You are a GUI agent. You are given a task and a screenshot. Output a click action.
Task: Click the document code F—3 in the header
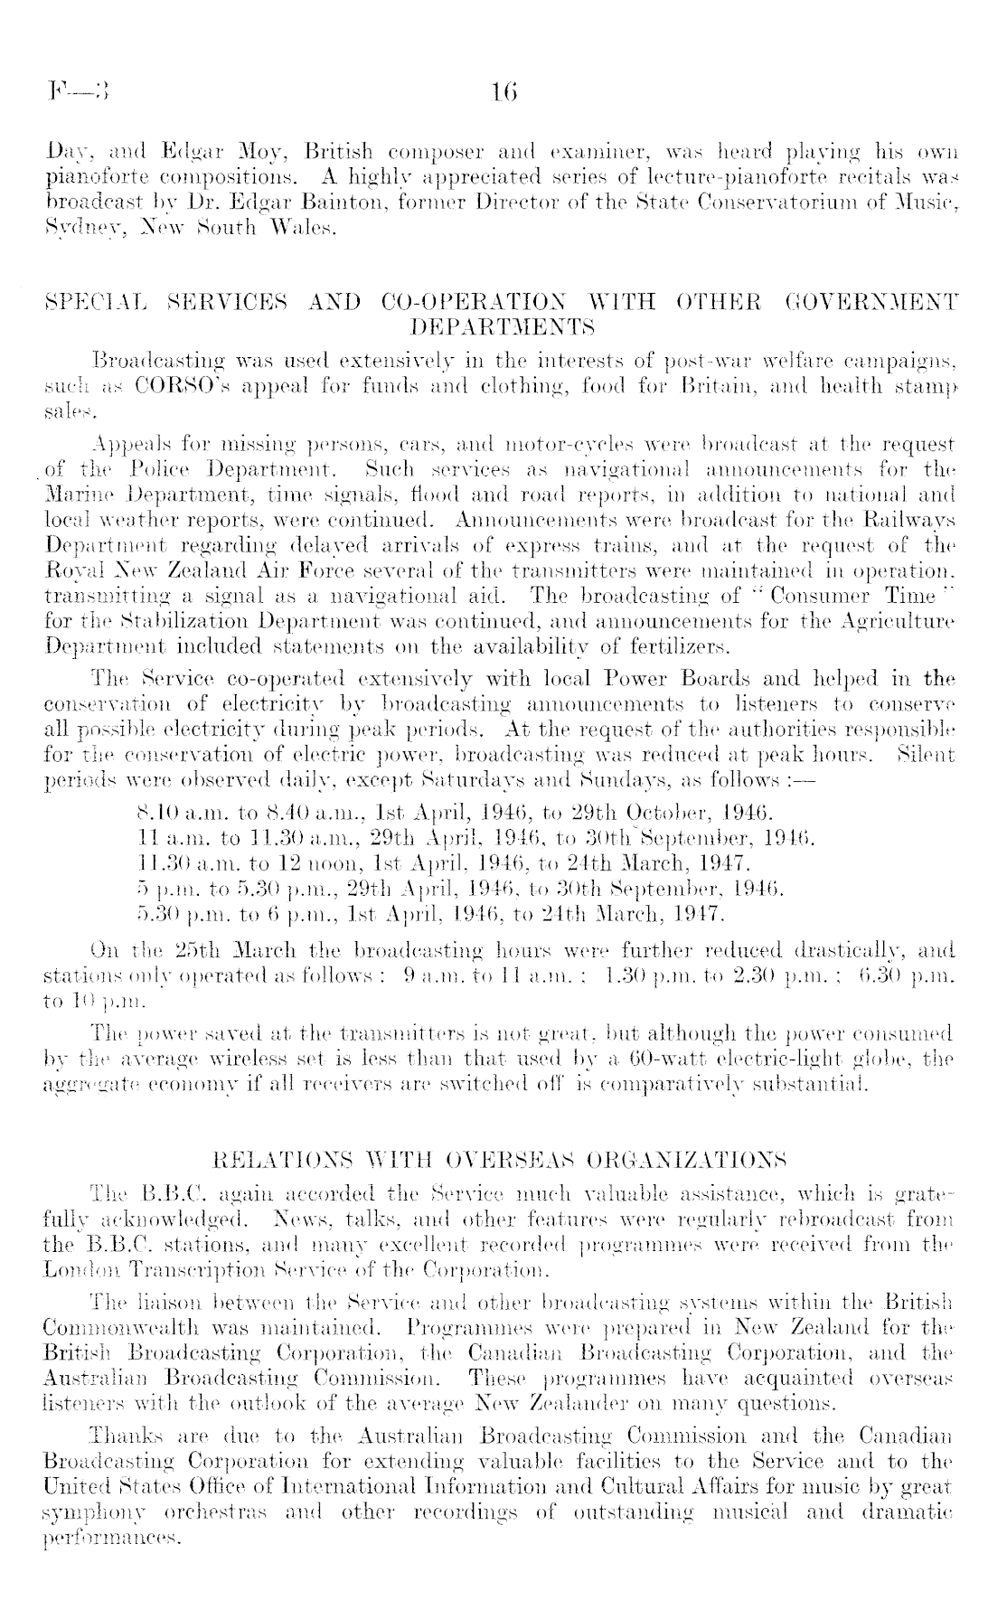(x=80, y=90)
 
